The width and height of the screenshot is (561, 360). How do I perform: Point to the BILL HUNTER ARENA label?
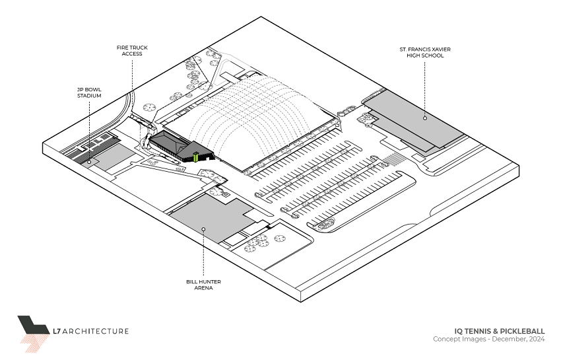pyautogui.click(x=203, y=285)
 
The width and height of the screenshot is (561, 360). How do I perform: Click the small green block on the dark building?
pyautogui.click(x=196, y=156)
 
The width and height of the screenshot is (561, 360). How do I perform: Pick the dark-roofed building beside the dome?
pyautogui.click(x=173, y=145)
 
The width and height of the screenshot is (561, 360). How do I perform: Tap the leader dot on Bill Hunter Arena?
pyautogui.click(x=203, y=229)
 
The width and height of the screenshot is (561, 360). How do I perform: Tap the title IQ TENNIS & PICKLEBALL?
pyautogui.click(x=500, y=331)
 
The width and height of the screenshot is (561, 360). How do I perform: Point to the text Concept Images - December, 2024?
pyautogui.click(x=488, y=340)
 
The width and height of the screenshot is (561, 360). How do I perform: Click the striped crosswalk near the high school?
pyautogui.click(x=394, y=159)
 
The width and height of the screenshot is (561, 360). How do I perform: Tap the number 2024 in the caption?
pyautogui.click(x=536, y=340)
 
